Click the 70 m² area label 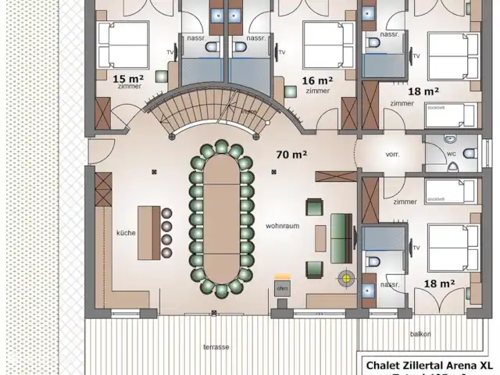coord(291,154)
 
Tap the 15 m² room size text coord(128,79)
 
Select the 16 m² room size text coord(317,80)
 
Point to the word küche coord(127,233)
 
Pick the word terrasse coord(216,345)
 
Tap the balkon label coord(420,334)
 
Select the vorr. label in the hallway coord(392,155)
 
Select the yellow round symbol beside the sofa coord(344,277)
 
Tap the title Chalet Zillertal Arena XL coord(429,365)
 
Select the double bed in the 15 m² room coord(123,45)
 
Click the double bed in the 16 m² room coord(323,45)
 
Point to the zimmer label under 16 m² coord(317,91)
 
